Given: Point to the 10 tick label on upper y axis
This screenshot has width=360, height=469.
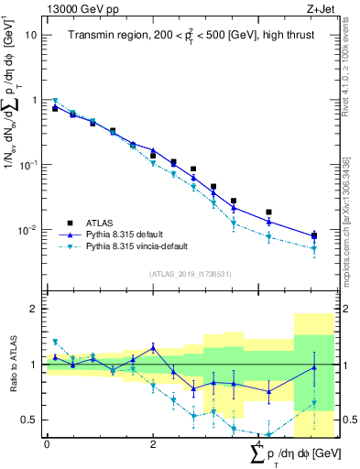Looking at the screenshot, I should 31,35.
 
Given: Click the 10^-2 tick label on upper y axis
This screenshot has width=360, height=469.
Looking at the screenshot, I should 28,229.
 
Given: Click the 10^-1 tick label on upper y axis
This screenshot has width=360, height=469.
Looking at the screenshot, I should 28,165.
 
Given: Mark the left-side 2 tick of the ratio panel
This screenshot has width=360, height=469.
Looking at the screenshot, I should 34,309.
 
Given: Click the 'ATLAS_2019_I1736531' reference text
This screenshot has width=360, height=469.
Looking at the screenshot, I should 191,273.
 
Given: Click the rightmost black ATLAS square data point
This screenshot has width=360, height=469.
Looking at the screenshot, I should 314,235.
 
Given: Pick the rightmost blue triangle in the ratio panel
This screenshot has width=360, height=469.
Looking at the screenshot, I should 314,368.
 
